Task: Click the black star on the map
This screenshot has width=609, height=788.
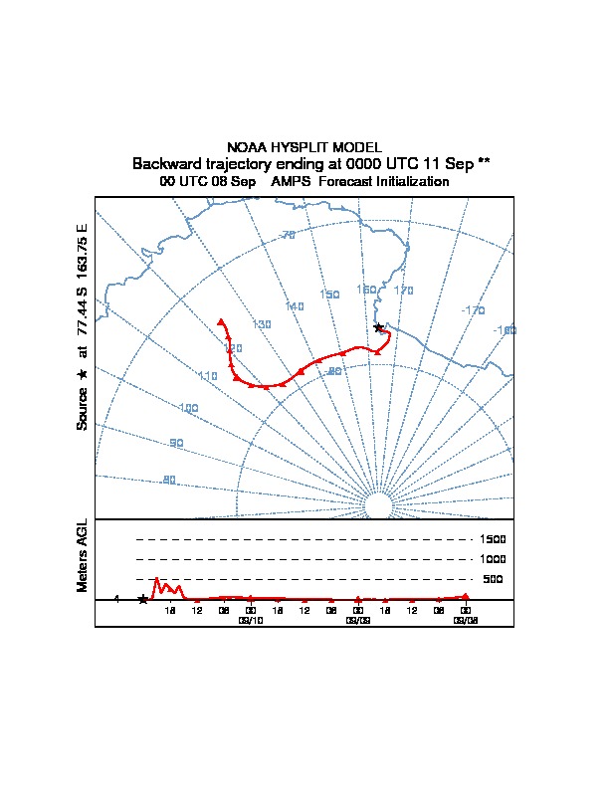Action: (377, 327)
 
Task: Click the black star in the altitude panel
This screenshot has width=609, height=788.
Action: (142, 599)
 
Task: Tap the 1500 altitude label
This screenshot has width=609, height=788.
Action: (494, 539)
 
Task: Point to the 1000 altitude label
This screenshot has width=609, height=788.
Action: (494, 559)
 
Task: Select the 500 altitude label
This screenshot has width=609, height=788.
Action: (494, 579)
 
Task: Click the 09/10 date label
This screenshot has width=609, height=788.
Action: (251, 620)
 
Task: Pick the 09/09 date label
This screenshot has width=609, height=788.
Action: (358, 620)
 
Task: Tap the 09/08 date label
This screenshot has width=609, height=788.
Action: (465, 620)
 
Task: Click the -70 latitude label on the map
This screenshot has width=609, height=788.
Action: (288, 235)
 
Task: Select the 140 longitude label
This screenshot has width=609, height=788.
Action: (295, 306)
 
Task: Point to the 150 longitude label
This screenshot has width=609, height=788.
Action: (329, 295)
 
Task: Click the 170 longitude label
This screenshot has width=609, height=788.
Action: (403, 291)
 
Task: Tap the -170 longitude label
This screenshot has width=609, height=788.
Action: (474, 310)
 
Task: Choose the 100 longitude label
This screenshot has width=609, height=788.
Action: (189, 409)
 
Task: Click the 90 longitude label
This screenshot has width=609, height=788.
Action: (176, 444)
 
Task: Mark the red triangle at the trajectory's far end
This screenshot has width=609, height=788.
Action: (221, 321)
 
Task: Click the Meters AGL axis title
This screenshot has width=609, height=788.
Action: (84, 556)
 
